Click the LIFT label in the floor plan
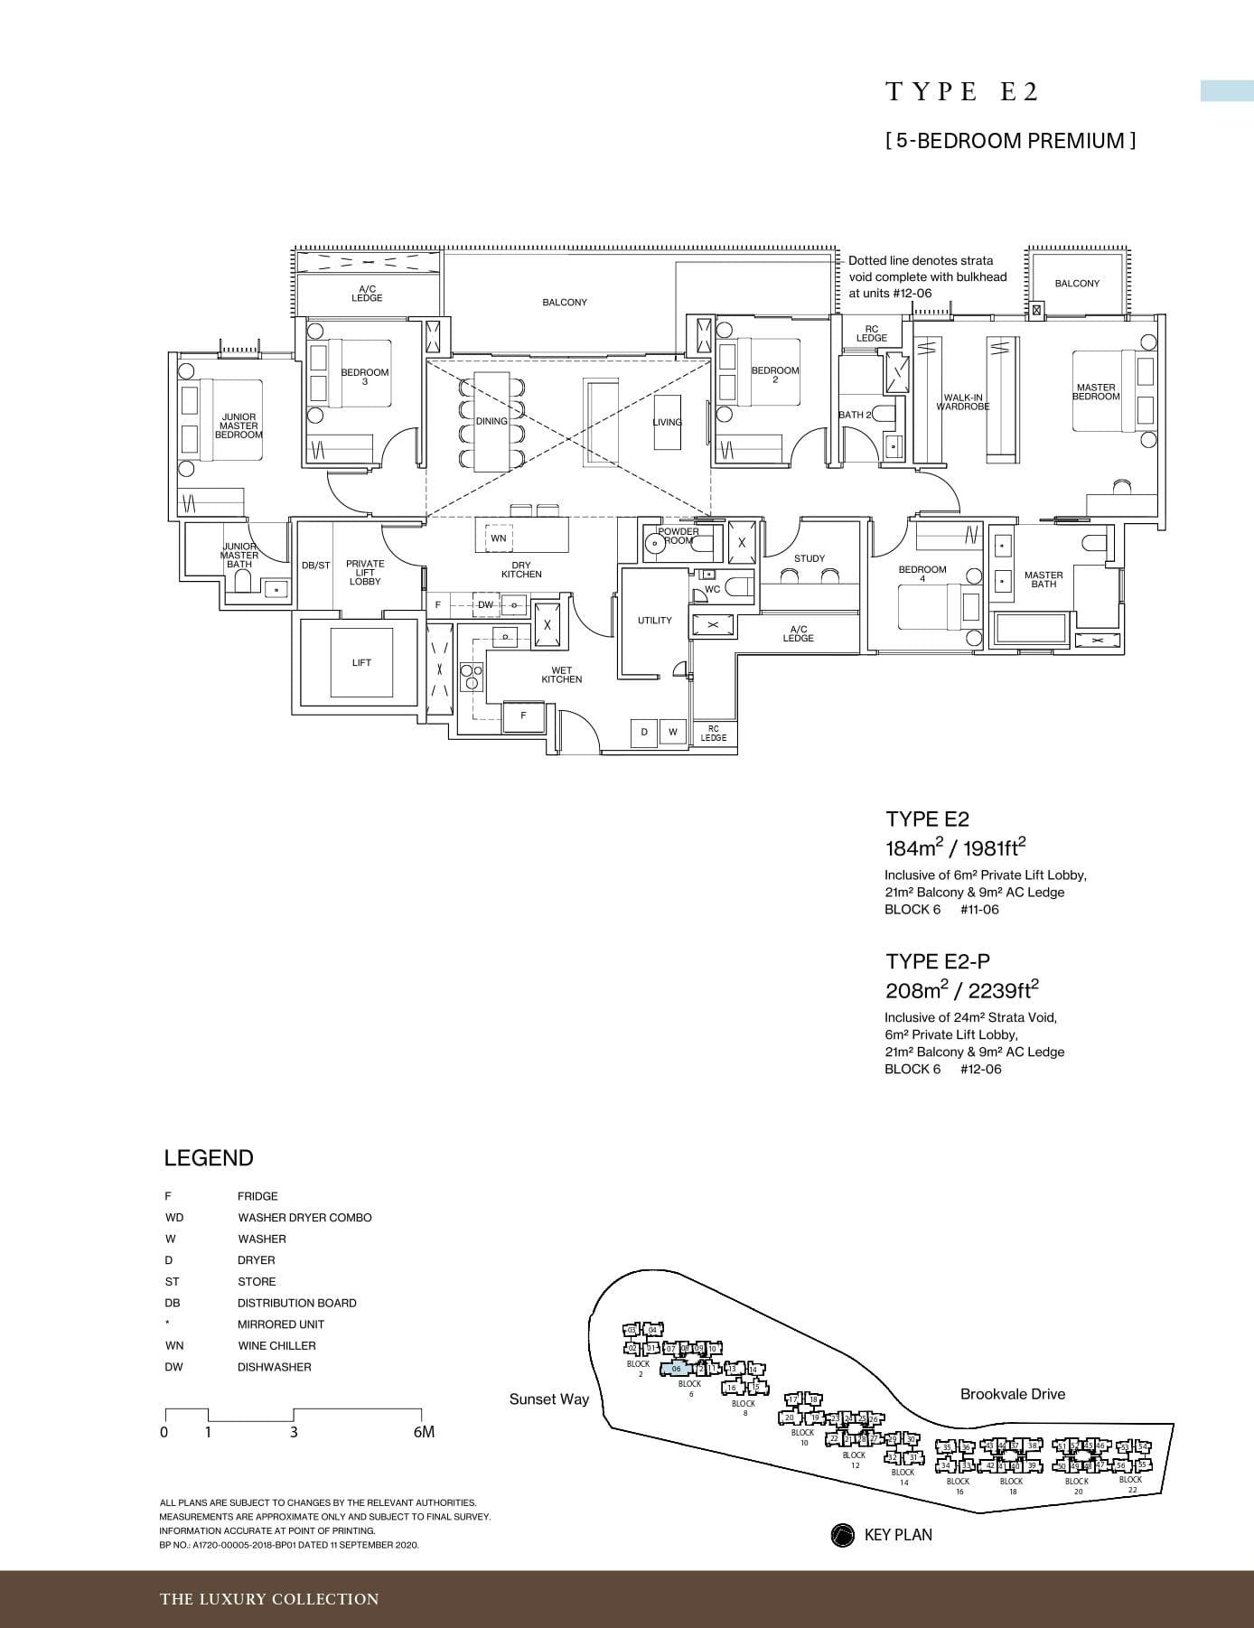(x=361, y=662)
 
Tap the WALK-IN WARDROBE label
(x=963, y=402)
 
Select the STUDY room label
(x=809, y=558)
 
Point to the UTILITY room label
(x=654, y=620)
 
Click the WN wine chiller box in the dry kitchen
(x=498, y=538)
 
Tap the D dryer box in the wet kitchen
(x=644, y=732)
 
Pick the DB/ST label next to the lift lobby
(x=315, y=566)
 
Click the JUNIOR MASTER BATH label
(x=239, y=555)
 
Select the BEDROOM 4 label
(x=922, y=574)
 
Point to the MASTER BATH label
(x=1043, y=579)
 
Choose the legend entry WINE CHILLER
(x=276, y=1345)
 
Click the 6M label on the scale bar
(x=423, y=1432)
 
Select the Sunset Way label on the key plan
(x=548, y=1399)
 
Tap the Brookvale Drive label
(x=1012, y=1394)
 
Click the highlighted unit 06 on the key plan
(x=676, y=1369)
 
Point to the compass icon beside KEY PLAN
(x=842, y=1535)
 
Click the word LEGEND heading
(x=209, y=1158)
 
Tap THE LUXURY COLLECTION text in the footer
(x=269, y=1599)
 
